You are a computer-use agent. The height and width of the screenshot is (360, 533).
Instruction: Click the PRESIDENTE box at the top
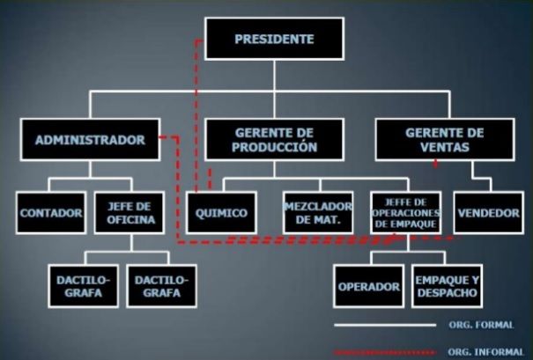click(273, 40)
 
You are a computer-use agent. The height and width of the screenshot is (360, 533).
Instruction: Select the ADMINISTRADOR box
click(91, 139)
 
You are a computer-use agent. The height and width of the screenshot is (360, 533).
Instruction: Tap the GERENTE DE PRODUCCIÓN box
click(274, 139)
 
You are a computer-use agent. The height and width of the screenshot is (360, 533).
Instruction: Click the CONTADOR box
click(51, 212)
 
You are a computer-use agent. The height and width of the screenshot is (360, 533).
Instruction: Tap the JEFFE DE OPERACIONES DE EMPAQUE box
click(406, 212)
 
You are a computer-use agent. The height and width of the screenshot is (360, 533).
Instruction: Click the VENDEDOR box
click(489, 212)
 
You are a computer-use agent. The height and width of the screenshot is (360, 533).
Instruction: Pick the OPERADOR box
click(370, 286)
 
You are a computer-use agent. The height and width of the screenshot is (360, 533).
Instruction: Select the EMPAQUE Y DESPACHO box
click(447, 286)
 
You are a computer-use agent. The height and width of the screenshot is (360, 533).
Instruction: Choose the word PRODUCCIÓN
click(274, 148)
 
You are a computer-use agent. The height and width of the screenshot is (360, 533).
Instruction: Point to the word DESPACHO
click(447, 293)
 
